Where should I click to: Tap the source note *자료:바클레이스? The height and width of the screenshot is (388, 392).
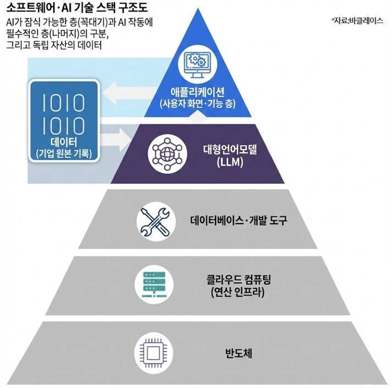(357, 20)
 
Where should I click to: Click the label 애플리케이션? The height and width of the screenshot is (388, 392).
(197, 91)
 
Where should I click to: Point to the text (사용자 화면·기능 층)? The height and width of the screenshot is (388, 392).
(197, 103)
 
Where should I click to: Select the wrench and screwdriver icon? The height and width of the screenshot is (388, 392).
(152, 221)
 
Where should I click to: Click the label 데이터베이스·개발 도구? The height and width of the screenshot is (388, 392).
(239, 221)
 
